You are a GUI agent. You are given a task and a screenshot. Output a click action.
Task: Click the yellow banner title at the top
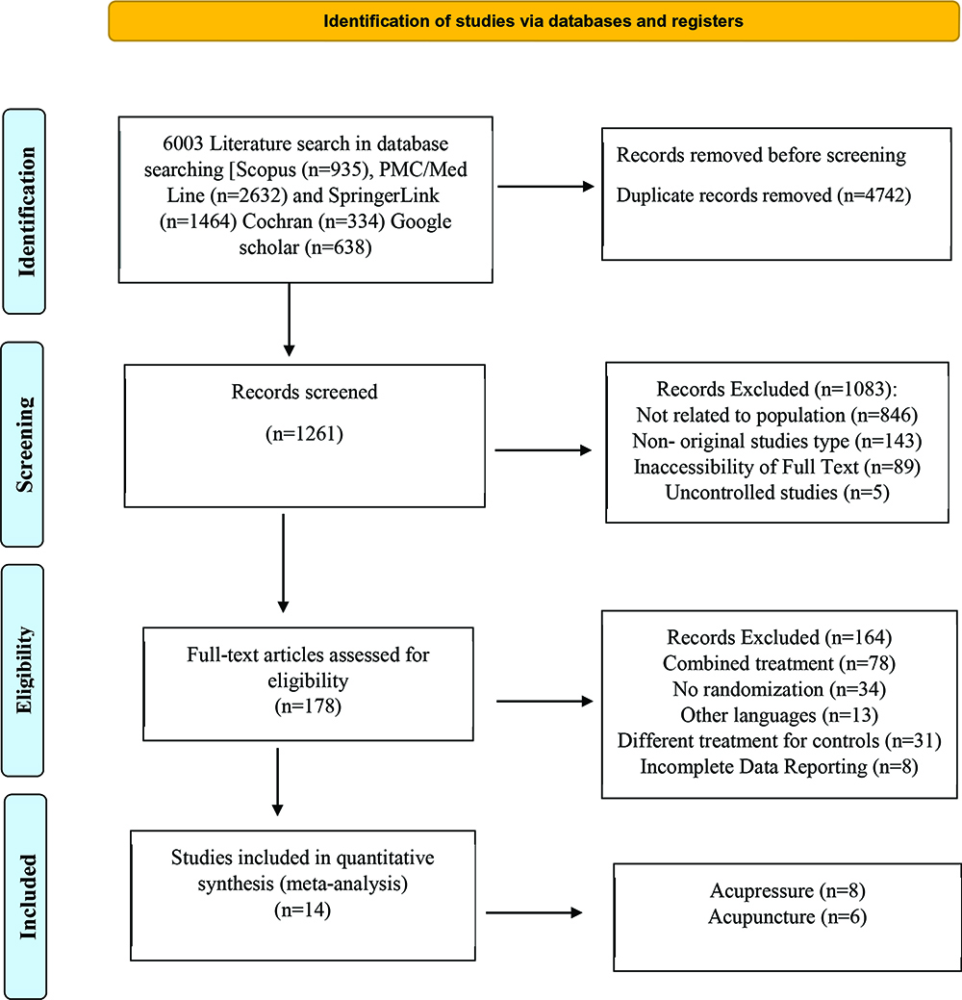coord(533,21)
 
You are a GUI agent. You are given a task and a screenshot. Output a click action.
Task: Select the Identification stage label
coord(26,212)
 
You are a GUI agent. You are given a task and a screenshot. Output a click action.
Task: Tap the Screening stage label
coord(24,445)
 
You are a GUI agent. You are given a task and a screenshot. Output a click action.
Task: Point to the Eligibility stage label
coord(24,670)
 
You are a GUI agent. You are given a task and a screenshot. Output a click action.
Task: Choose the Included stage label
coord(27,897)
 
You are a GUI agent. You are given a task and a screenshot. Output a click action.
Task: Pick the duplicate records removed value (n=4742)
coord(873,195)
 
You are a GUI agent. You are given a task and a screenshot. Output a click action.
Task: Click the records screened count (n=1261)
coord(304,434)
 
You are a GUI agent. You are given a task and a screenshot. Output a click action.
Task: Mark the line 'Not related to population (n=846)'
coord(776,415)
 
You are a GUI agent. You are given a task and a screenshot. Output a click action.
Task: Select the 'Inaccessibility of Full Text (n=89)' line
coord(776,467)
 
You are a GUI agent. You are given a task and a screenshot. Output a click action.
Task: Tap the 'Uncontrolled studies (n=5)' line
coord(776,493)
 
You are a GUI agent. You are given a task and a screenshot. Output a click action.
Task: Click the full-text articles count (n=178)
coord(308,706)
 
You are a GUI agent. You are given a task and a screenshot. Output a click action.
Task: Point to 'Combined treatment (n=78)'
coord(779,663)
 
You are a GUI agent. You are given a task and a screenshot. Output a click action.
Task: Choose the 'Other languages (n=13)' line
coord(779,715)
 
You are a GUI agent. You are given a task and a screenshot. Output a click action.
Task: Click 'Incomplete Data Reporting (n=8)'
coord(779,766)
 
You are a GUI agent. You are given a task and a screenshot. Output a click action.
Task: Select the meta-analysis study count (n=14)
coord(303,910)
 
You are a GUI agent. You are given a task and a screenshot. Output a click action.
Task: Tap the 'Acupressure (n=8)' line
coord(787,890)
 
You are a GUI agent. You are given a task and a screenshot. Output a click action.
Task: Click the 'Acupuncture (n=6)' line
coord(787,916)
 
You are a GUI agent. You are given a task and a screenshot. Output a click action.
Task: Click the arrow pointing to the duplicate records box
coord(545,186)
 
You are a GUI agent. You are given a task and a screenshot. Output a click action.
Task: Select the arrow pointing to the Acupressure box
coord(534,912)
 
